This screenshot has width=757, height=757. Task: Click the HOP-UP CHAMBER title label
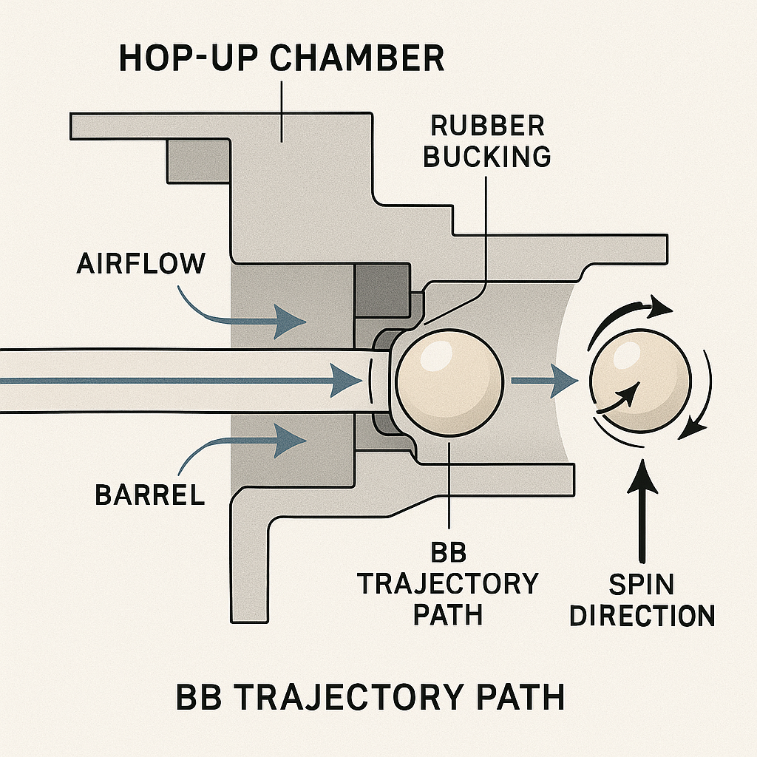(x=282, y=58)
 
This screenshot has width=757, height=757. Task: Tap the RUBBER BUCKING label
(x=486, y=141)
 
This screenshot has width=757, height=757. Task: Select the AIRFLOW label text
(x=141, y=264)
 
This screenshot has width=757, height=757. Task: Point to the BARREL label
(x=149, y=495)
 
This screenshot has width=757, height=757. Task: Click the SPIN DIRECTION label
(x=642, y=600)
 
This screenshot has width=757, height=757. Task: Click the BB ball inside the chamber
(x=449, y=382)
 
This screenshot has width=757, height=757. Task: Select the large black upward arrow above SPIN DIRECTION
(x=642, y=511)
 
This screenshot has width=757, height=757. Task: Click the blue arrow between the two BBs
(x=545, y=381)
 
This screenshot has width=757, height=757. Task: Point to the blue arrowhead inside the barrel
(x=346, y=381)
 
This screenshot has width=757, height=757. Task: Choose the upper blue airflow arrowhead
(x=290, y=321)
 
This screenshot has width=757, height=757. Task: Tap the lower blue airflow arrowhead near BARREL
(x=290, y=441)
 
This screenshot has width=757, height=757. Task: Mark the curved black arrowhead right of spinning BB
(x=693, y=427)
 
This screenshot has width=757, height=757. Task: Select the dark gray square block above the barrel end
(x=382, y=291)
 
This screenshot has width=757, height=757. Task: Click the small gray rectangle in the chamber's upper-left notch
(x=198, y=162)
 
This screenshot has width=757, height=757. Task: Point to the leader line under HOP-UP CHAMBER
(x=282, y=111)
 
